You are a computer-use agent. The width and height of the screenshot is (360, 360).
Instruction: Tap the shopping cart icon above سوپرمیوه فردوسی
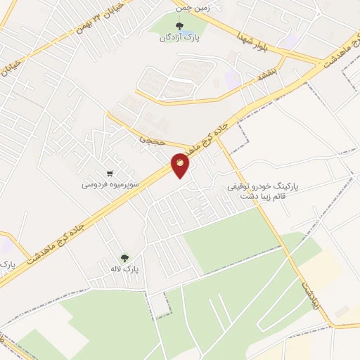110,173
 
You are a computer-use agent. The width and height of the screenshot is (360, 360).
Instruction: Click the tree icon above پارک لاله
125,257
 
